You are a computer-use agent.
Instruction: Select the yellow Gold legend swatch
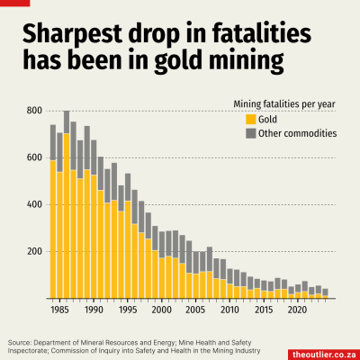click(x=250, y=119)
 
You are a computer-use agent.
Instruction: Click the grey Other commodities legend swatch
click(x=250, y=133)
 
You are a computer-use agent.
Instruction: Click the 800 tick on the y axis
click(x=35, y=111)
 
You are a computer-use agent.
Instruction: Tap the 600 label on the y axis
click(x=35, y=157)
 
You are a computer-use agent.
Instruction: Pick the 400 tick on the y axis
click(x=35, y=204)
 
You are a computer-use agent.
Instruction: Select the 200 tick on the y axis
click(x=35, y=251)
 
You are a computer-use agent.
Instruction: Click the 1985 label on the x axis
click(x=59, y=310)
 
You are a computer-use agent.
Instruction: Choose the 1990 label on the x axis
click(x=94, y=310)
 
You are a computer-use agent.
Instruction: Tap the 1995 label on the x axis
click(x=128, y=310)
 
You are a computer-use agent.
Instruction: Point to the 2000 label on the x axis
click(x=162, y=310)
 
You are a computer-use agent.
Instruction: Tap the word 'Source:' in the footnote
click(x=22, y=342)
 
